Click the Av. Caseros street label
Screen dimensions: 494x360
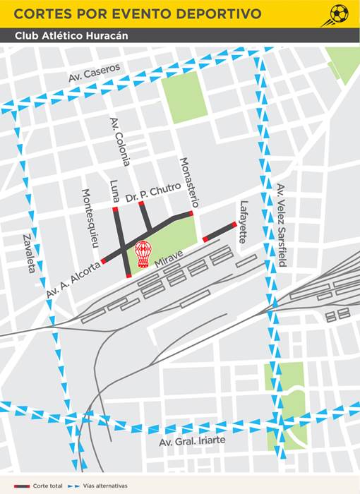96,72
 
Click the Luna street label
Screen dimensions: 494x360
114,191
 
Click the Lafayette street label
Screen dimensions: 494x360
244,222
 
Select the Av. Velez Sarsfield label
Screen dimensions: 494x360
282,224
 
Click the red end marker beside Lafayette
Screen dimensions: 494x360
234,225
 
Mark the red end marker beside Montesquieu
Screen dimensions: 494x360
104,261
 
